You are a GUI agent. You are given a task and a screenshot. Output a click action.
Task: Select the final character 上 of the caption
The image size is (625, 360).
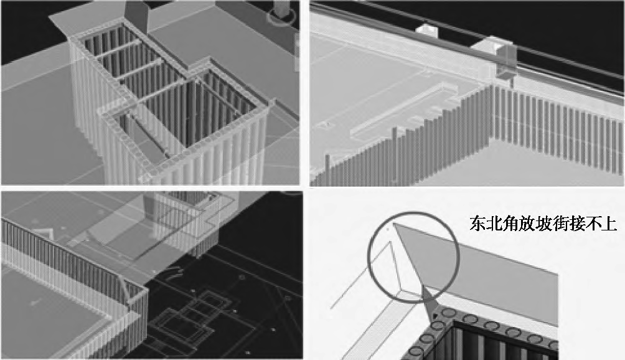609,224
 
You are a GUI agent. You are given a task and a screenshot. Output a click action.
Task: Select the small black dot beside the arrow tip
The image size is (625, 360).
435,316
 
